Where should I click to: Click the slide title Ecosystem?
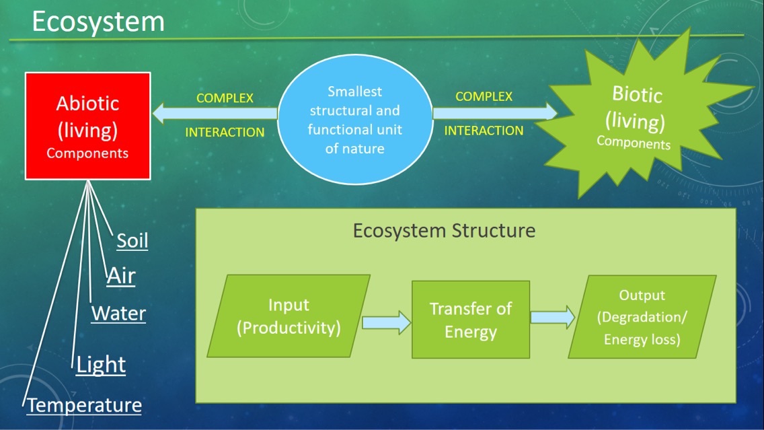coord(98,22)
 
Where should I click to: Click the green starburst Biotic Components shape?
coord(636,118)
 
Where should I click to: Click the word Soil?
coord(132,241)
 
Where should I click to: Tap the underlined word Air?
coord(121,276)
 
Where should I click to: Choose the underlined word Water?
coord(118,313)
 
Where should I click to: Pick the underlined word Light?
coord(101,364)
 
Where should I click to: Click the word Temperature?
coord(85,405)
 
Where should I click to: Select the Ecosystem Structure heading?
coord(444,231)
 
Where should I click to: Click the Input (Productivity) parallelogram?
coord(289,316)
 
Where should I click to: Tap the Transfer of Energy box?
coord(470,320)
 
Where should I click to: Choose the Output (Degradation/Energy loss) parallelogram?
coord(642,317)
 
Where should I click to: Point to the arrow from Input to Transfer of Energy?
coord(387,322)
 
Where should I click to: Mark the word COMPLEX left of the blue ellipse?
coord(225,98)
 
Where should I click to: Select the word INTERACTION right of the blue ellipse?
coord(483,131)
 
